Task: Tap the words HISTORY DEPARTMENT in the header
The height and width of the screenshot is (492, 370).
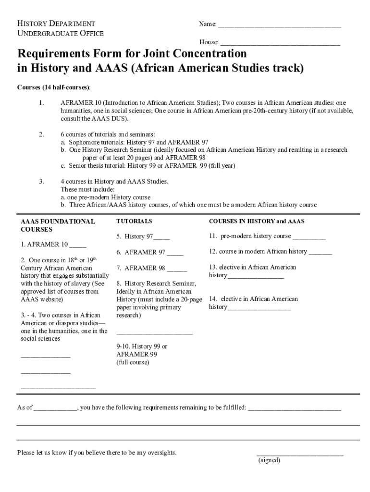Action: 56,24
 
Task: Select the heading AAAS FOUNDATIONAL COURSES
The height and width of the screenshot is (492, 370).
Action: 57,225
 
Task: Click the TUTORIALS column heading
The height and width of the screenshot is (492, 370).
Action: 134,221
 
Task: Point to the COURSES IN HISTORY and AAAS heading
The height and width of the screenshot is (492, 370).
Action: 257,221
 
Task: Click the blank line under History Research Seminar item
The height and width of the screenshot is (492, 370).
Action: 154,332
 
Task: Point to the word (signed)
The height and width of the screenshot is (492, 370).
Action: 269,460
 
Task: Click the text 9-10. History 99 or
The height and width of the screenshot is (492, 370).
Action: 142,346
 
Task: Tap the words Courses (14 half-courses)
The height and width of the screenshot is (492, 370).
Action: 53,87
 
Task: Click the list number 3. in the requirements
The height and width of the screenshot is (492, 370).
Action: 42,181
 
